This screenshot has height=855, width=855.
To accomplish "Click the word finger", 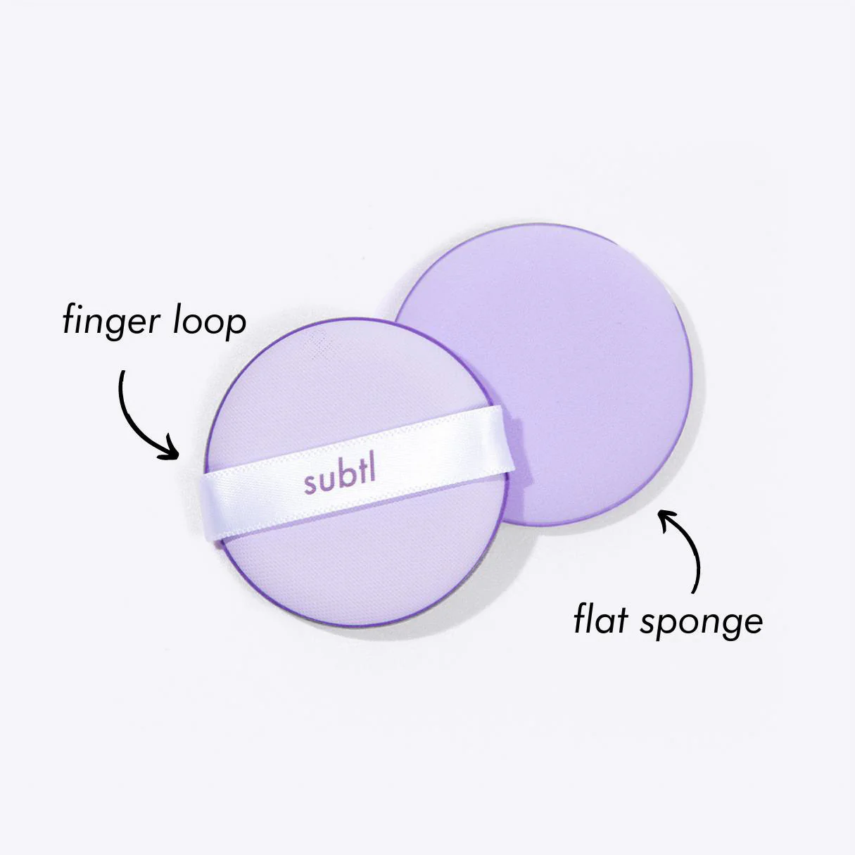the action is [x=111, y=321].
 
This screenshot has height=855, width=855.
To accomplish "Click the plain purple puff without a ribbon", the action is [x=577, y=364].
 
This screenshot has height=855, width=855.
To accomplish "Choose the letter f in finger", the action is [x=70, y=320].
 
